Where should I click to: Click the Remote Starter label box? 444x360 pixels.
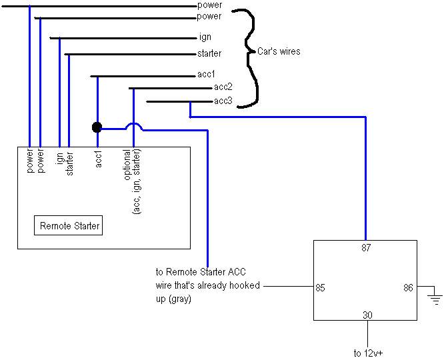coord(69,226)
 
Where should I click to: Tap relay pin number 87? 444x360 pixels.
coord(365,248)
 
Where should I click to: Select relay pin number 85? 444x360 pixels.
coord(319,288)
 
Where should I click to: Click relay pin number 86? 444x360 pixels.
coord(408,288)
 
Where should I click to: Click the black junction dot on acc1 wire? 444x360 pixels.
coord(97,127)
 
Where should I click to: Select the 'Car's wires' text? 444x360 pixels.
coord(273,51)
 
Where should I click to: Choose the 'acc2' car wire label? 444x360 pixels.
coord(223,87)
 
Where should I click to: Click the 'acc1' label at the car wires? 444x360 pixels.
coord(207,75)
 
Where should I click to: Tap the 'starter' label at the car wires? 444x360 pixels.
coord(209,53)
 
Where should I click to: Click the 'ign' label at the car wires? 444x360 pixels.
coord(205,37)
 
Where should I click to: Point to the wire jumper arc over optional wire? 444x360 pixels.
coord(133,126)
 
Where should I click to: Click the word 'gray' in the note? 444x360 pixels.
coord(180,300)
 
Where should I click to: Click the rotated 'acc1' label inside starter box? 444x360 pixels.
coord(98,161)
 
